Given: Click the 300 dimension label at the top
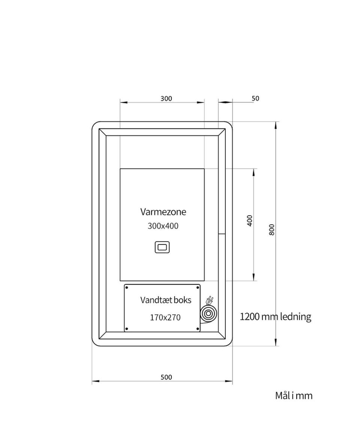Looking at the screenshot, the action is click(166, 99).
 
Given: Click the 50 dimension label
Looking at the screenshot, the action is click(255, 99).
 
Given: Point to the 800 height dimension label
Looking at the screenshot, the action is click(272, 230).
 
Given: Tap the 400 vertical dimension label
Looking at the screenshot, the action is click(250, 221).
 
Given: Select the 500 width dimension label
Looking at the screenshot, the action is click(166, 377).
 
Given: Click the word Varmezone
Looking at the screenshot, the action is click(163, 212).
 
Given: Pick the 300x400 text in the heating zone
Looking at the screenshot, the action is click(163, 226).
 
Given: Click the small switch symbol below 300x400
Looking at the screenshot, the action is click(162, 247).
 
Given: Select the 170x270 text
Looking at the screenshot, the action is click(165, 317).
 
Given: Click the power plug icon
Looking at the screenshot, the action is click(210, 300).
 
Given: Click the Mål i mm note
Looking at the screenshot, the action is click(294, 396).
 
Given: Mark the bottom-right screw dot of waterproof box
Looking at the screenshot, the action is click(198, 329).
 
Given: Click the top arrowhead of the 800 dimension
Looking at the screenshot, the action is click(276, 125).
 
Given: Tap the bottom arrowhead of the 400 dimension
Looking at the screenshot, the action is click(253, 277).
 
